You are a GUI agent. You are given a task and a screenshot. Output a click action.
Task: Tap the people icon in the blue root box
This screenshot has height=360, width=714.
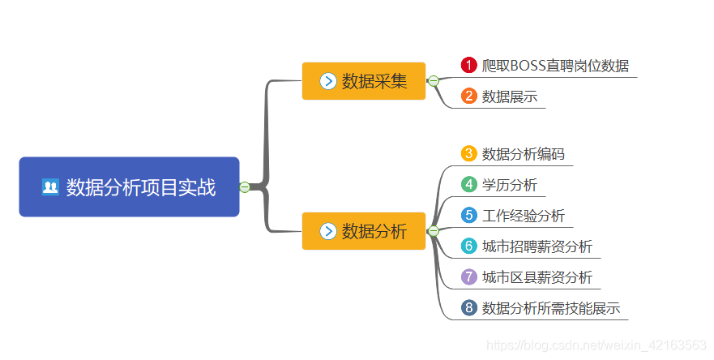click(50, 187)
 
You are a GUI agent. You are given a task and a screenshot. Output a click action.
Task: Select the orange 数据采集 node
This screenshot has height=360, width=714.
click(363, 81)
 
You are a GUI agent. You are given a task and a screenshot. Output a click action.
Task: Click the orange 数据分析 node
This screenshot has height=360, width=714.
click(363, 231)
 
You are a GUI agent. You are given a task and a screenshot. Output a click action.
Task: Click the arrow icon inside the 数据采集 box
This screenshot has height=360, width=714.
click(328, 81)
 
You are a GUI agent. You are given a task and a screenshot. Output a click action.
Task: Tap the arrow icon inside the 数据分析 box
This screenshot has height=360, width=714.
click(328, 231)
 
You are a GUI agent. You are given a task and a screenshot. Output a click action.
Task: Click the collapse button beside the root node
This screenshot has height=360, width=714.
click(245, 187)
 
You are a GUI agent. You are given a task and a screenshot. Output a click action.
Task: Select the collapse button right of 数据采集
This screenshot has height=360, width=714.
click(434, 81)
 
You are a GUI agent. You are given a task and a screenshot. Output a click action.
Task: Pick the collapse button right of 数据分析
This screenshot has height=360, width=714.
click(434, 231)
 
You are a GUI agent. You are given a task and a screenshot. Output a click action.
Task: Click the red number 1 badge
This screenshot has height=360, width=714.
click(468, 66)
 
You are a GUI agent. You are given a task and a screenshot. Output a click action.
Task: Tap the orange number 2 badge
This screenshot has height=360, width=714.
click(468, 96)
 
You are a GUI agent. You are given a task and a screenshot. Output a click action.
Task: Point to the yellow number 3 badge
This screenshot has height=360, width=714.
click(468, 153)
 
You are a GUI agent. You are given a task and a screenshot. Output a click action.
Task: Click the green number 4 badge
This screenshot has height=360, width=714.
click(468, 185)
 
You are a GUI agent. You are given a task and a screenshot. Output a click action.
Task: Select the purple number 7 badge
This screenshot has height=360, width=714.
click(468, 277)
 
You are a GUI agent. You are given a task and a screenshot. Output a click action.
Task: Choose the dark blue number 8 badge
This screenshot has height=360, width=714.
click(468, 308)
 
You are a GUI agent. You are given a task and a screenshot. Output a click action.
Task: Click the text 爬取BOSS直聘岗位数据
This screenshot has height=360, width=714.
click(555, 66)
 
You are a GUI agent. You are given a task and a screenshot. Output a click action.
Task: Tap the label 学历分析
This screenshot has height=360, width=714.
click(509, 185)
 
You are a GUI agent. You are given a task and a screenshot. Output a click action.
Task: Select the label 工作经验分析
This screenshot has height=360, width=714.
click(523, 216)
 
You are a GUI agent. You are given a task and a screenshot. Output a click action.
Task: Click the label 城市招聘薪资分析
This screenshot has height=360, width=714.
click(537, 246)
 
